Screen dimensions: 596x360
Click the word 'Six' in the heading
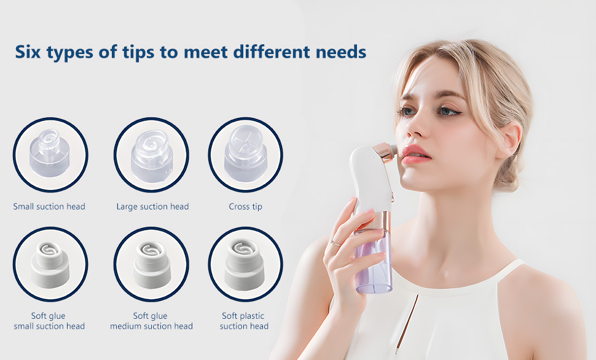point(28,52)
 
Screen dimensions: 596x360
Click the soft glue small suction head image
point(50,264)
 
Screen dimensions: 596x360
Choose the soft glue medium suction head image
point(151,264)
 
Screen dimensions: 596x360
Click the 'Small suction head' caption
point(49,206)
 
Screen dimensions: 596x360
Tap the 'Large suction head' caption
point(153,206)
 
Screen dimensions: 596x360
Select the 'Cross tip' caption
point(246,207)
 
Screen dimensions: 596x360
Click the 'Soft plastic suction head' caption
point(244,321)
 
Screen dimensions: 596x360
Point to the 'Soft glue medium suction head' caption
point(151,321)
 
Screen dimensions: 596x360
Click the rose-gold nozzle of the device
point(385,152)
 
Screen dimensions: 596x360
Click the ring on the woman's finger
point(335,243)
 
